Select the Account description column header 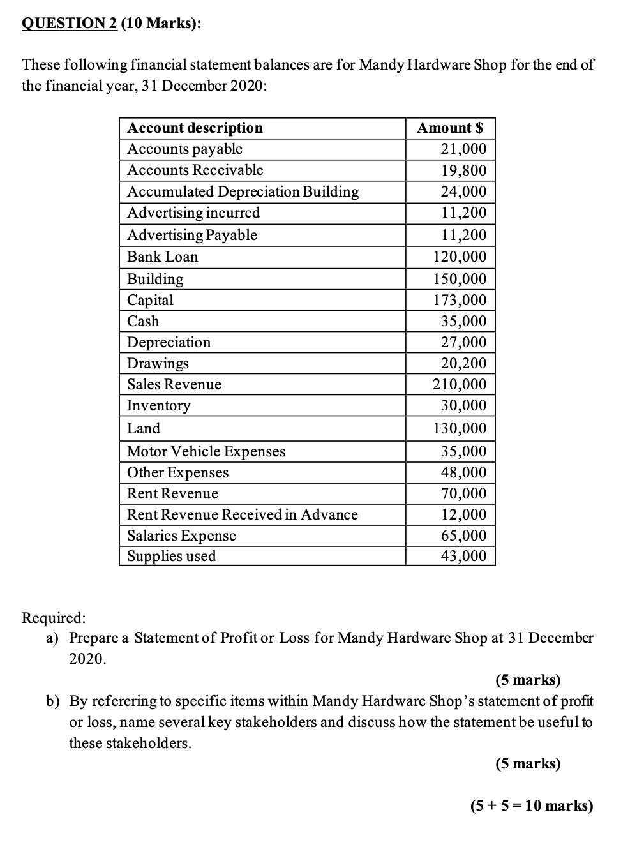pos(195,128)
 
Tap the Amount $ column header pos(450,128)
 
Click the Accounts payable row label pos(184,149)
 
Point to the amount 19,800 pos(463,170)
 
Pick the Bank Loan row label pos(162,257)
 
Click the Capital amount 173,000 pos(460,300)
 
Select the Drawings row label pos(158,363)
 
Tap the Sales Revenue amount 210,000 pos(460,384)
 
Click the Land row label pos(143,428)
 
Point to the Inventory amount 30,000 pos(463,405)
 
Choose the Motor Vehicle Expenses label pos(206,451)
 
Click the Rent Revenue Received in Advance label pos(242,514)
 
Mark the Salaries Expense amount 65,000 pos(463,536)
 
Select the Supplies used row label pos(171,556)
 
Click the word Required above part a pos(54,617)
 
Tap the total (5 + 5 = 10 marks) pos(531,805)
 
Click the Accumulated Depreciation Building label pos(243,191)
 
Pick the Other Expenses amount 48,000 pos(463,472)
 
